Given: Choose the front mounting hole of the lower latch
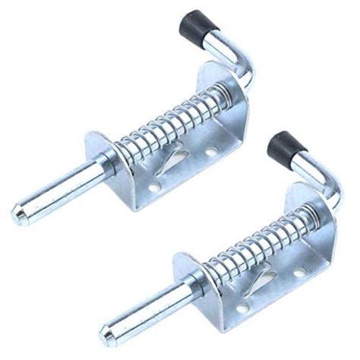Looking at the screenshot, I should coord(243,307).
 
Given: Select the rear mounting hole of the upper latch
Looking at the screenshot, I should coord(211,152).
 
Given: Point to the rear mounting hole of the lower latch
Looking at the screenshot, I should coord(300,271).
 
